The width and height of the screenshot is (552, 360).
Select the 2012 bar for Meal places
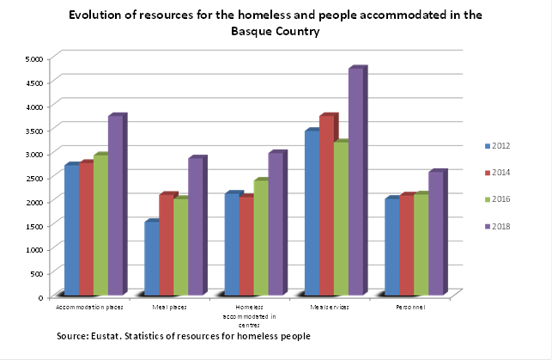(151, 259)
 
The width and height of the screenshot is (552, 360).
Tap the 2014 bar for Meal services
(326, 206)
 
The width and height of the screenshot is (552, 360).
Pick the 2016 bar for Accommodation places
(100, 225)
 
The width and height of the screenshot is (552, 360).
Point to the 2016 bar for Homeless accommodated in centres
(261, 238)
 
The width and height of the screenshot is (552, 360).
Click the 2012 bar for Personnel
(391, 247)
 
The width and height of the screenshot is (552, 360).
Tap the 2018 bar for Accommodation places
(116, 205)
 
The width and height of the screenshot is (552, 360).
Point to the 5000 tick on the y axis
(34, 58)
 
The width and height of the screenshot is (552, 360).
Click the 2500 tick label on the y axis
(34, 178)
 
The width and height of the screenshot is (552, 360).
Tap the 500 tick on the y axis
(37, 273)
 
